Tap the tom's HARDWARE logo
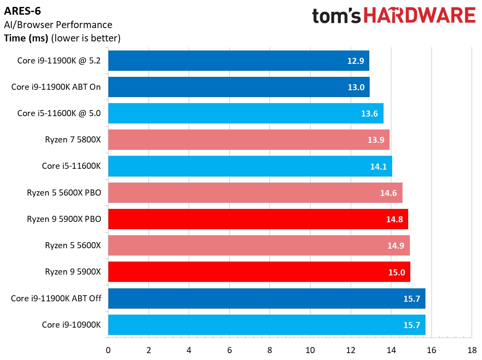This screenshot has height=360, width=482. (393, 16)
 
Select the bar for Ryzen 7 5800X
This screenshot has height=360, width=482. (248, 140)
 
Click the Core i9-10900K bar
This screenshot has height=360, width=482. (266, 325)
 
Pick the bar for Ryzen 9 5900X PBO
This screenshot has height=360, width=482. (258, 219)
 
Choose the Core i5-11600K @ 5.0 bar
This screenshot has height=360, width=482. (245, 114)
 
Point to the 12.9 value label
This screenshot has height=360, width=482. (355, 61)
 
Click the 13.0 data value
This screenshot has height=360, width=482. (356, 87)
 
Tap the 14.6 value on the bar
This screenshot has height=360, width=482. (389, 193)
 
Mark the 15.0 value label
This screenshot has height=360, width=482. (396, 272)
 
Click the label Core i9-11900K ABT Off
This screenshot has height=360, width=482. (56, 298)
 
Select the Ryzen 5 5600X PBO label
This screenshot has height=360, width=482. (64, 193)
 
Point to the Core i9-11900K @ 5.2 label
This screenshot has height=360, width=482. (59, 60)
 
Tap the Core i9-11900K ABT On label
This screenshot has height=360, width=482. (56, 87)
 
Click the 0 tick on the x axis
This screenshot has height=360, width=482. (108, 350)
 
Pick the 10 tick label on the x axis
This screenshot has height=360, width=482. (310, 350)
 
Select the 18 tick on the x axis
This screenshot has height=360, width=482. (472, 350)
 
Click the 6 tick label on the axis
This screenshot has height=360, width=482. (229, 350)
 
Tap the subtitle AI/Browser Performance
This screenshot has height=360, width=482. (58, 25)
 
